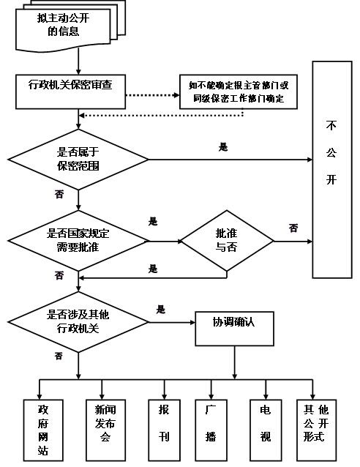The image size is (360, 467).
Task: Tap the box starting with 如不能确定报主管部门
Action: (239, 91)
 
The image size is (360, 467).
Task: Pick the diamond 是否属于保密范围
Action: (78, 160)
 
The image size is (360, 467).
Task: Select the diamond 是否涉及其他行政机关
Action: (78, 322)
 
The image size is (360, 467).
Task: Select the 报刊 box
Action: (163, 430)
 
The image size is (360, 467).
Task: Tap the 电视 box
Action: (265, 430)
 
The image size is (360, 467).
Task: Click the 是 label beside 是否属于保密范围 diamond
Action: (222, 147)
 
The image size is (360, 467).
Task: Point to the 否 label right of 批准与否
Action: (293, 228)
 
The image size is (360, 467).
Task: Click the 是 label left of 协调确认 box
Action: (160, 309)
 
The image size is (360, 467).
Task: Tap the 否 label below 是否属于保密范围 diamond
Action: (59, 195)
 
